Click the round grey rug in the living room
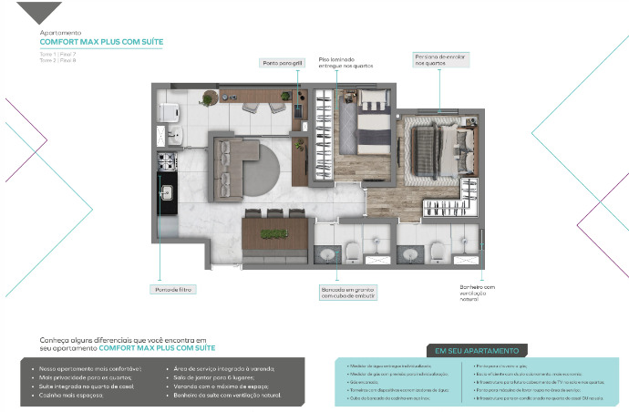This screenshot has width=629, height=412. (271, 170)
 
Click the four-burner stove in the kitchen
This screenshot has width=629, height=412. (167, 162)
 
